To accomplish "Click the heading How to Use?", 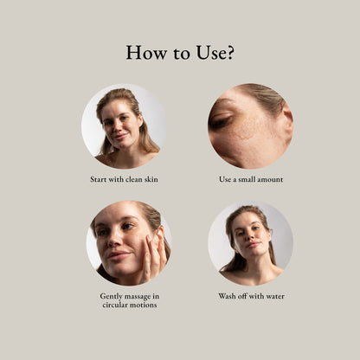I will coord(180,53).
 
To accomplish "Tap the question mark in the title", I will coord(228,53).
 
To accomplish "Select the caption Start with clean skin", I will coord(124,179).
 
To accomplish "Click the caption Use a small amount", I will coord(250,179).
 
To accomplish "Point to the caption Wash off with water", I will coord(250,296).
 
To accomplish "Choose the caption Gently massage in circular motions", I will coord(124,300).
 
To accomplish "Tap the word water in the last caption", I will coord(273,296).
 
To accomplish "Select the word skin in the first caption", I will coord(151,179).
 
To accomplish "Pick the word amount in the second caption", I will coord(269,179).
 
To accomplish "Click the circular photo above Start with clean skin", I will coord(124,126).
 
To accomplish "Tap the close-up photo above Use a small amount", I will coord(250,126).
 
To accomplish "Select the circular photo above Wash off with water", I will coord(250,244).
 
